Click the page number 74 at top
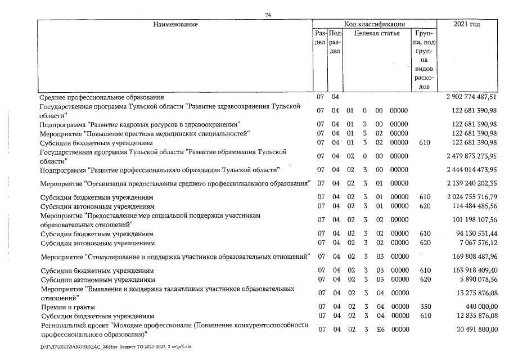(x=268, y=15)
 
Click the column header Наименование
(x=175, y=24)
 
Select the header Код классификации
(x=375, y=24)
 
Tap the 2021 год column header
(x=470, y=24)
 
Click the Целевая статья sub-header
(x=377, y=33)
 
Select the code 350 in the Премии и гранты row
(x=425, y=307)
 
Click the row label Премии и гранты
(x=67, y=307)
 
